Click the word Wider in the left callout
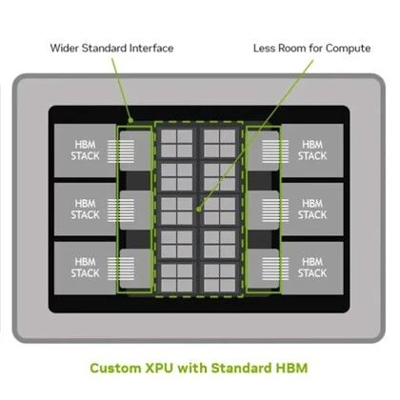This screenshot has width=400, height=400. click(65, 49)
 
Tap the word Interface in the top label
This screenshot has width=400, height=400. click(151, 49)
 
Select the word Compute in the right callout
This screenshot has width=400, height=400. click(348, 49)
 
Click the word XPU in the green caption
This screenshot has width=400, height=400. click(159, 369)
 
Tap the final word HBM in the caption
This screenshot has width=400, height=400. click(291, 369)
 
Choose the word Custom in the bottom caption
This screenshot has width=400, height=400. click(115, 369)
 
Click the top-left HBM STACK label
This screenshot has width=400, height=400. click(85, 150)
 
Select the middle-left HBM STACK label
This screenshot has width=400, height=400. click(85, 210)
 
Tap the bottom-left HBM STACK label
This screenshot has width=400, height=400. click(85, 268)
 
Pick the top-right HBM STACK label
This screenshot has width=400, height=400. click(312, 150)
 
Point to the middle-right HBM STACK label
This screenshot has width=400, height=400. click(312, 210)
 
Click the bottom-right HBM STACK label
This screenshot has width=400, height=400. click(312, 268)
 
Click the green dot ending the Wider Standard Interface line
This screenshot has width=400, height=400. click(130, 120)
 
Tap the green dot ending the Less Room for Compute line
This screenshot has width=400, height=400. click(199, 209)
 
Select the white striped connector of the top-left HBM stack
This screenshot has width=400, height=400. click(121, 151)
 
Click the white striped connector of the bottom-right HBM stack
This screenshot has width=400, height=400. click(275, 269)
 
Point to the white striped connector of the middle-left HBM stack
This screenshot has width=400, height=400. click(121, 210)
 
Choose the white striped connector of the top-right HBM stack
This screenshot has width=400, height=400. click(275, 151)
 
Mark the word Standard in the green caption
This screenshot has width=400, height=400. click(242, 369)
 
